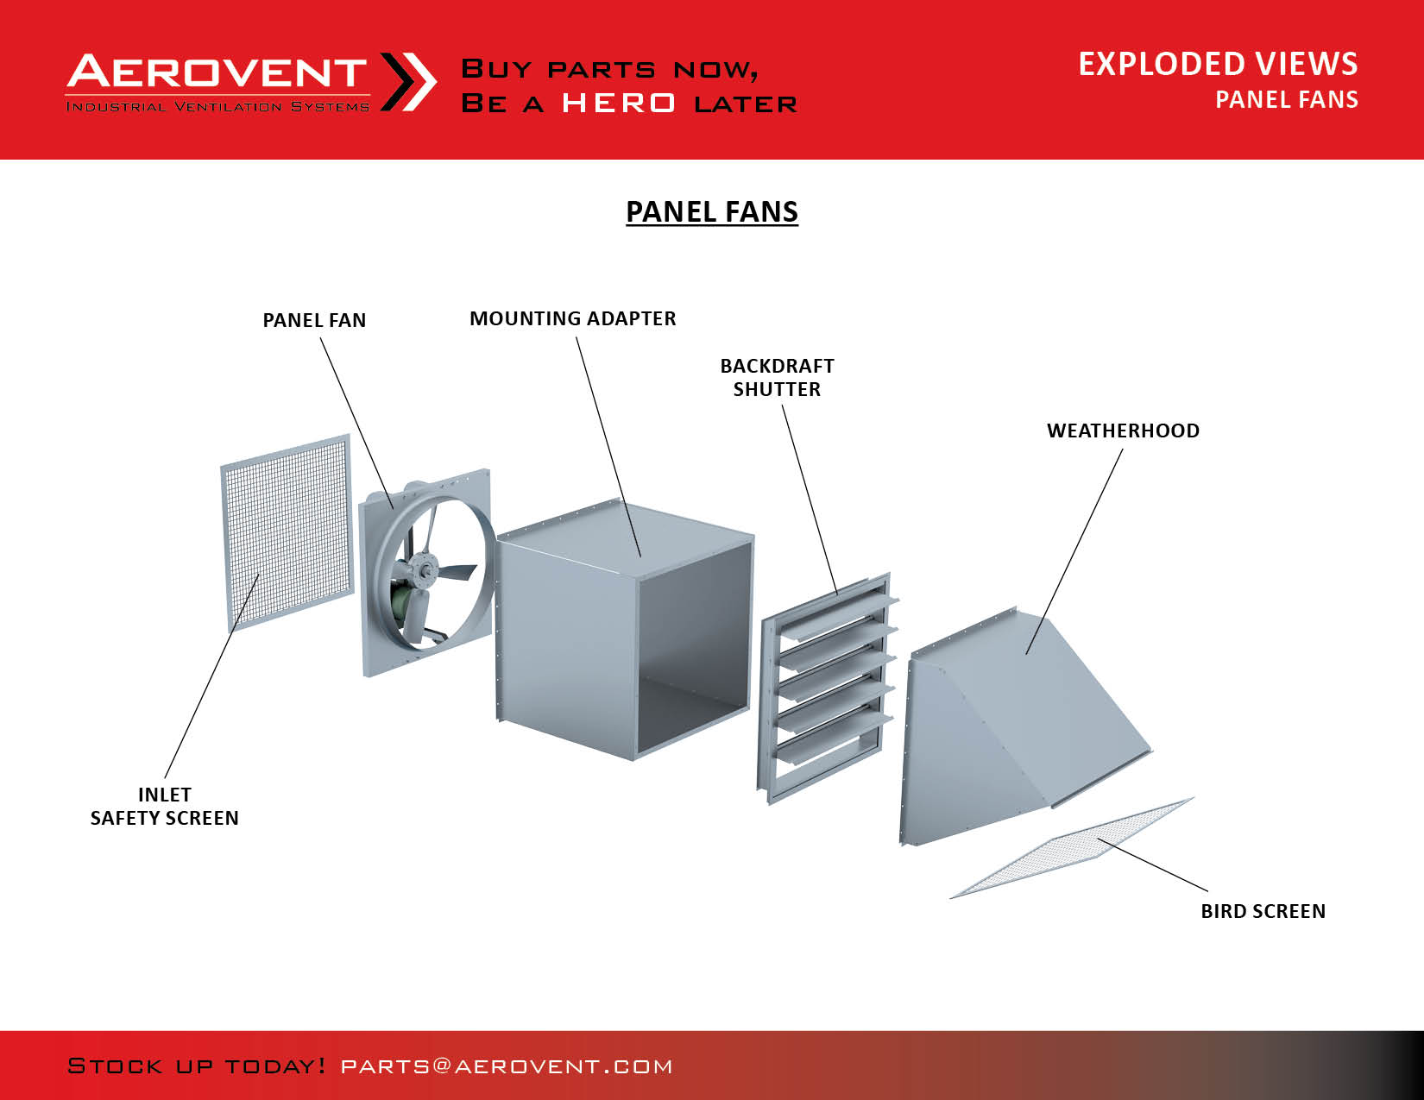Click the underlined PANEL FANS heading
click(x=712, y=211)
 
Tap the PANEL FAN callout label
click(x=314, y=320)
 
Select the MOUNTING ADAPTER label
click(x=573, y=318)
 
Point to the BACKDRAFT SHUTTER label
click(x=778, y=377)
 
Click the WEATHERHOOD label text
click(x=1123, y=431)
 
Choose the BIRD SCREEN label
click(x=1263, y=911)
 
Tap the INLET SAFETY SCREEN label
click(x=165, y=807)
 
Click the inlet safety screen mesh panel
click(x=287, y=532)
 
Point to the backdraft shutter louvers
click(x=829, y=688)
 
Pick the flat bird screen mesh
click(x=1072, y=848)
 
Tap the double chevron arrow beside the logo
click(x=408, y=82)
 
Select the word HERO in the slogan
click(x=619, y=104)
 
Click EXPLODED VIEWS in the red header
click(x=1219, y=64)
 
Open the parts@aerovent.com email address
click(x=507, y=1066)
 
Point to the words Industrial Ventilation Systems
click(x=217, y=107)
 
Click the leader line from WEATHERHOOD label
click(x=1074, y=551)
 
